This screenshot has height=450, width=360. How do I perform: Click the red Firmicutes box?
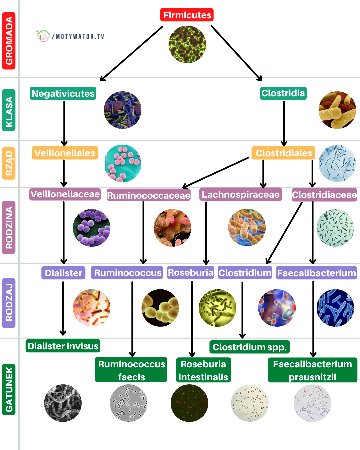click(x=187, y=15)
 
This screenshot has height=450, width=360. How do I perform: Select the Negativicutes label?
click(x=63, y=93)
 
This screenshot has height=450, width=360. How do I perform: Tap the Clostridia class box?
click(x=283, y=93)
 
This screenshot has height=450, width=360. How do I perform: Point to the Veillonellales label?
click(x=65, y=153)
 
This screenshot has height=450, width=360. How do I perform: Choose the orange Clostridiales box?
click(x=284, y=153)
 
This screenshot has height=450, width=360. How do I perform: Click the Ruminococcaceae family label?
click(x=149, y=195)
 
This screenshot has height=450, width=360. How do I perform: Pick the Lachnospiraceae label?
click(x=241, y=194)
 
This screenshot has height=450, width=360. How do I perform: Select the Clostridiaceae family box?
click(x=324, y=195)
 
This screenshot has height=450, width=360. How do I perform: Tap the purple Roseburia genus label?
click(x=190, y=273)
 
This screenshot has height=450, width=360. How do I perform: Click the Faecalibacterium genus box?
click(x=317, y=273)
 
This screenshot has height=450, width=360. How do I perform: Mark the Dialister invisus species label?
click(x=63, y=346)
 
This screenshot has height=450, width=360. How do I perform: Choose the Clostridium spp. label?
click(x=250, y=347)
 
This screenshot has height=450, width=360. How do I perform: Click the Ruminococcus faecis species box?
click(x=131, y=370)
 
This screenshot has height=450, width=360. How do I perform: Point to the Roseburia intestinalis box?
click(x=203, y=370)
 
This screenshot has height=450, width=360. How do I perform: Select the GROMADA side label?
click(x=9, y=41)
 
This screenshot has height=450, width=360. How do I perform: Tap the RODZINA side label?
click(x=9, y=227)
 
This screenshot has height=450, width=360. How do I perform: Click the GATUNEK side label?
click(x=9, y=389)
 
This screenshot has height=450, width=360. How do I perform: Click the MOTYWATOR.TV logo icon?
click(x=43, y=36)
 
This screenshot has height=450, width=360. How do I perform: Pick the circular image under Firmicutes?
click(x=187, y=44)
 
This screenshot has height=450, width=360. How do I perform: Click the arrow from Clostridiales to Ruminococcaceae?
click(x=216, y=172)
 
